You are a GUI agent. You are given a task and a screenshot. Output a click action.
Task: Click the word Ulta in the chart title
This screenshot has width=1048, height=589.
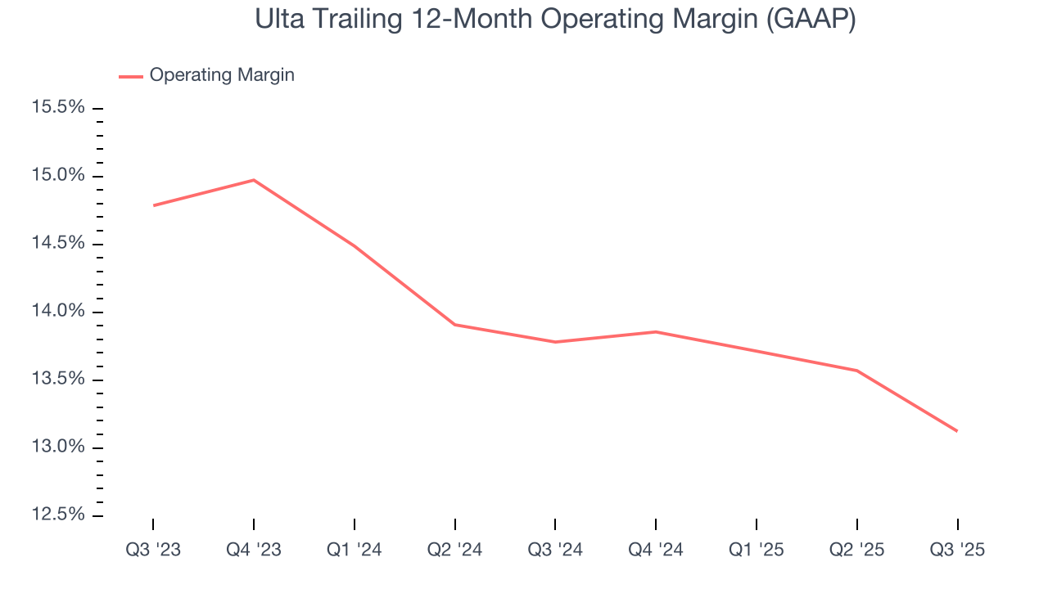coord(279,19)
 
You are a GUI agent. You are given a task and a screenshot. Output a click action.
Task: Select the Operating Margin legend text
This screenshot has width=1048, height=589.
coord(222,75)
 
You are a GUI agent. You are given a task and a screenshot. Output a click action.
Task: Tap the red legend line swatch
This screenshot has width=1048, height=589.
coord(131,76)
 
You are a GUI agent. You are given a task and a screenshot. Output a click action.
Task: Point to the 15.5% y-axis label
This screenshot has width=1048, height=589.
coord(57,108)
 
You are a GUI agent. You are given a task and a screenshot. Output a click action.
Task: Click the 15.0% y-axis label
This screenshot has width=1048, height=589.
coord(57,176)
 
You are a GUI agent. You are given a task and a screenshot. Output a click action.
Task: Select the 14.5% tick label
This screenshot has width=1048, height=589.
coord(57,244)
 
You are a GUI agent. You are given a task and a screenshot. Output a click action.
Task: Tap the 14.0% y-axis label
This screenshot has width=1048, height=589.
coord(57,312)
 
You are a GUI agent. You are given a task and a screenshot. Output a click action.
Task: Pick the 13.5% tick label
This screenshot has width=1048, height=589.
coord(57,380)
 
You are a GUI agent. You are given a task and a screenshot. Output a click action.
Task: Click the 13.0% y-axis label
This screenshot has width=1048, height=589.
coord(57,447)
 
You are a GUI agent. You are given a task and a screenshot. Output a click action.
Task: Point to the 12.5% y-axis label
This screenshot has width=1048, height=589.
coord(57,515)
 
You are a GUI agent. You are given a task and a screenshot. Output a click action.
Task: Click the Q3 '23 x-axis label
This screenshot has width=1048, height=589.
coord(153,550)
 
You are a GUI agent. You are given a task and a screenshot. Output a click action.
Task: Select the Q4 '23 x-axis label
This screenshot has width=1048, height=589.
coord(254,550)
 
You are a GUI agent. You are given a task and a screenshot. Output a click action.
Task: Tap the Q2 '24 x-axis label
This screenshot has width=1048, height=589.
coord(455,550)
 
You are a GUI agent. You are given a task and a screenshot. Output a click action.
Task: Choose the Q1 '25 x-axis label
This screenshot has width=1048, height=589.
coord(757,550)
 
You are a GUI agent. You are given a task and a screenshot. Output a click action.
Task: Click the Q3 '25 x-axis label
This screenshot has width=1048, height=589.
coord(957,550)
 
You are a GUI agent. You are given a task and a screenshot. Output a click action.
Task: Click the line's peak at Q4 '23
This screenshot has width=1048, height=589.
coord(254,180)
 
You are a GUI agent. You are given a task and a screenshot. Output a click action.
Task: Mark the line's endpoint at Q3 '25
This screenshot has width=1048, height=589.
coord(957,431)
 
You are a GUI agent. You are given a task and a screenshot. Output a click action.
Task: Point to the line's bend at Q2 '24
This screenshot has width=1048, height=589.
coord(455,325)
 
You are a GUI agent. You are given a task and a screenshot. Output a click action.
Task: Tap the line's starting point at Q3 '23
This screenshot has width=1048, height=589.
coord(153,205)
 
